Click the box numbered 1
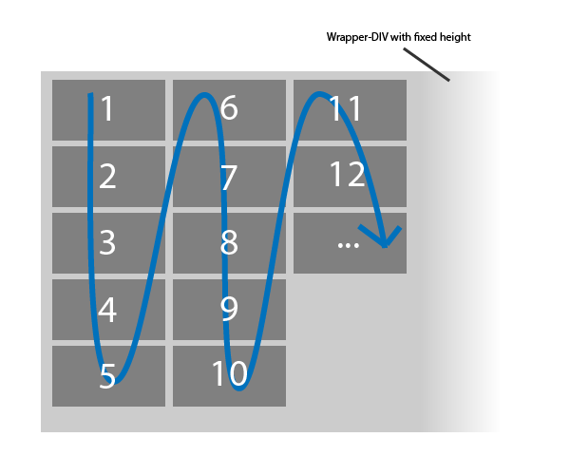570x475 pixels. tap(108, 110)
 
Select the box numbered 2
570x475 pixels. tap(108, 176)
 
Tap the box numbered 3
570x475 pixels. tap(108, 242)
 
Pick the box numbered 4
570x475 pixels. tap(108, 309)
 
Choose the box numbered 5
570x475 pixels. tap(108, 375)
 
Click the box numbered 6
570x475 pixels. tap(229, 110)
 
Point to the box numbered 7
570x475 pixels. tap(229, 176)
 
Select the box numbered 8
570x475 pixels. tap(229, 242)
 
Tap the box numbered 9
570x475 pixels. tap(229, 309)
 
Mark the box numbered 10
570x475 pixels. tap(229, 375)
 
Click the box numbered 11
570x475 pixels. tap(350, 110)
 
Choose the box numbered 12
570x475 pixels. tap(350, 176)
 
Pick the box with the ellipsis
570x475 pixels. tap(350, 242)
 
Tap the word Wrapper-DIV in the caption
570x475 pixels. tap(356, 38)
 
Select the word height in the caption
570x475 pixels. tap(454, 38)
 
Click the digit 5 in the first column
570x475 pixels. tap(107, 377)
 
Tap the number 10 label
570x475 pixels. tap(229, 374)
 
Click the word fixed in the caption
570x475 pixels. tap(424, 38)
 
